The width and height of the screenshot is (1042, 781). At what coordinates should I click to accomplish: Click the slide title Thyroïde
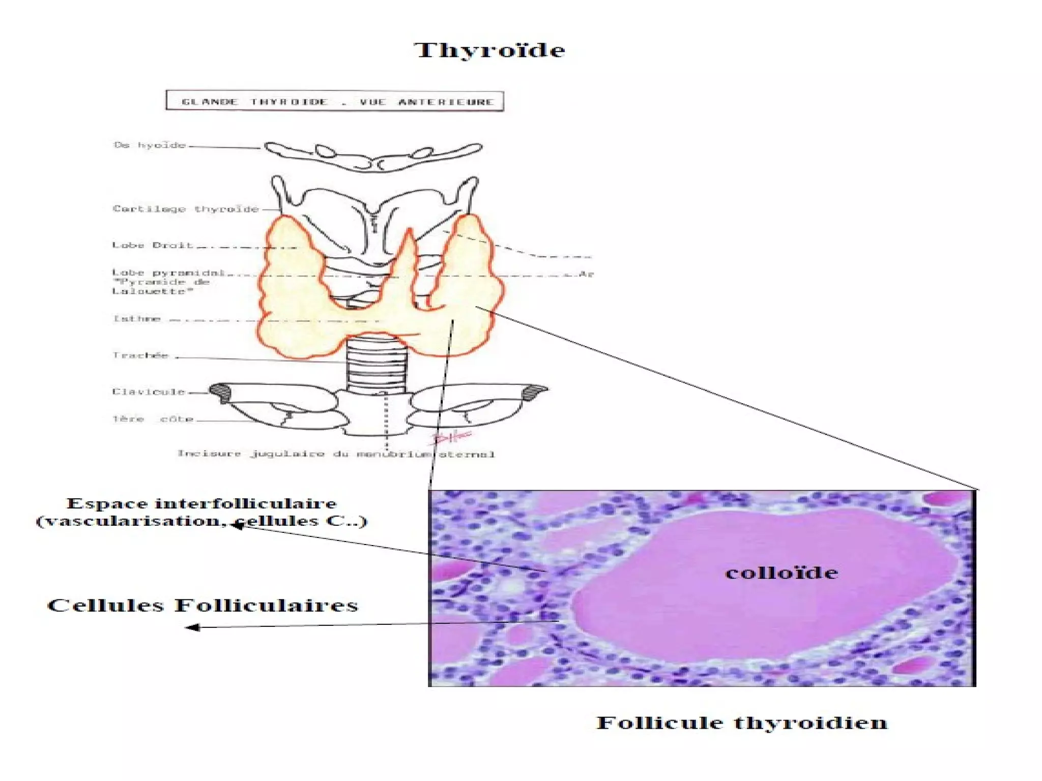click(489, 50)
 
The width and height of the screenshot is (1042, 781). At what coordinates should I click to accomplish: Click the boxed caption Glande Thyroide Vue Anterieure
click(335, 101)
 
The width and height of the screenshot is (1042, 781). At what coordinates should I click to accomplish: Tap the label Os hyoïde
click(150, 145)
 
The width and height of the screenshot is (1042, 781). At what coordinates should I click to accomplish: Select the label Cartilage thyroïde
click(186, 209)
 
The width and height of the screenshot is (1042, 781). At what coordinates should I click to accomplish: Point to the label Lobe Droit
click(153, 245)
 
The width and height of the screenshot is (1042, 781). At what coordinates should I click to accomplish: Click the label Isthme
click(137, 319)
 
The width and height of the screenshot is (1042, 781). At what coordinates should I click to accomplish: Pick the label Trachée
click(140, 355)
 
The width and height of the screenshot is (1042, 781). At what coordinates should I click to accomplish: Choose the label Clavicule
click(149, 392)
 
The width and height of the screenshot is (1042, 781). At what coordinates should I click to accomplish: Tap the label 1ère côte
click(153, 419)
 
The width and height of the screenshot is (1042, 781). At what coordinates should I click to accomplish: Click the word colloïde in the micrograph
click(781, 573)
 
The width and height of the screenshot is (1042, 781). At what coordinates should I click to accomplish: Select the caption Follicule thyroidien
click(742, 723)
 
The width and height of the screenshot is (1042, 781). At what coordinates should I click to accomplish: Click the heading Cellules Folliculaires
click(202, 606)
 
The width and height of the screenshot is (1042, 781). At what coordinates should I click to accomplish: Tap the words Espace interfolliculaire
click(201, 503)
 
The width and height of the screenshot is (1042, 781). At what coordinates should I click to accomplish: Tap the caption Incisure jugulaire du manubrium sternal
click(336, 454)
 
